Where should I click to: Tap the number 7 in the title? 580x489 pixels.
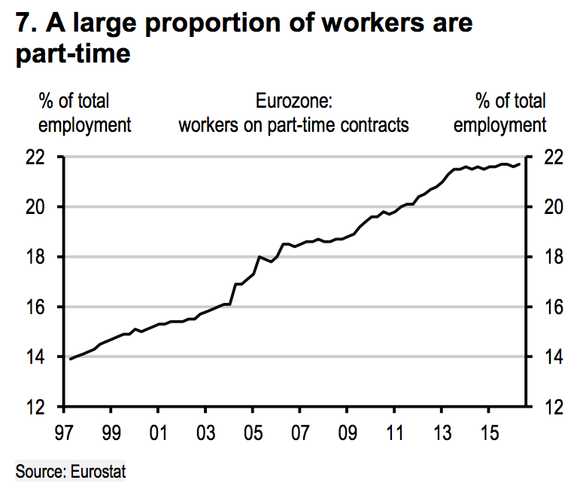coord(24,23)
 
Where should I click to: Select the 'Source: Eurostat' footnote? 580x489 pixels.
coord(71,472)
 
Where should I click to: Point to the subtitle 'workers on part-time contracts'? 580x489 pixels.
coord(293,124)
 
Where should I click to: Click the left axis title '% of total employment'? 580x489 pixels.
coord(84,113)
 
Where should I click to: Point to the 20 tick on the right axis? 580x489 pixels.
coord(552,207)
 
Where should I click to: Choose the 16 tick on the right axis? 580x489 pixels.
coord(552,307)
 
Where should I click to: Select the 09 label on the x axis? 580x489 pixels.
coord(347,436)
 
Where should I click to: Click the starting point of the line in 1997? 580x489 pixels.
coord(69,359)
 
